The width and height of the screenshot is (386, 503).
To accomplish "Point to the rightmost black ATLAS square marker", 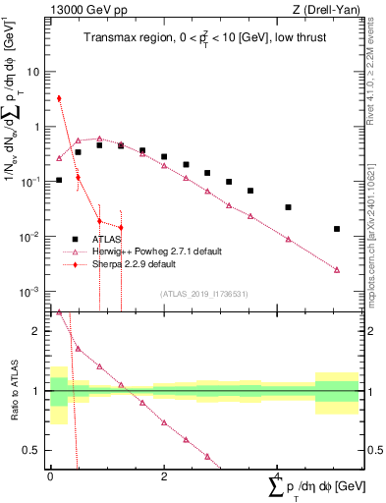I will (x=337, y=229).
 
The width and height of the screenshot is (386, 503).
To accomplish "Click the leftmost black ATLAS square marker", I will (x=59, y=180).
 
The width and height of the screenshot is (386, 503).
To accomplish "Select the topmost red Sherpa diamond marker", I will (x=59, y=98).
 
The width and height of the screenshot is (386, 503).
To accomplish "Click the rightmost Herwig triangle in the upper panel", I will (x=337, y=269).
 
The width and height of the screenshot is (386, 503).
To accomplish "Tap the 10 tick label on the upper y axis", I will (x=34, y=72).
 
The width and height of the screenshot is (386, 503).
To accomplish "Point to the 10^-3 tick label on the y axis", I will (x=32, y=292).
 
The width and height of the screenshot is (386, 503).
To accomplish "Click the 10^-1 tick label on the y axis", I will (x=32, y=182).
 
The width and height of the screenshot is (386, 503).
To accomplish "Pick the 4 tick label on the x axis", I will (x=278, y=475).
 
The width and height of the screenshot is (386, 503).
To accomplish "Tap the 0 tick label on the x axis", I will (x=50, y=475).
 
